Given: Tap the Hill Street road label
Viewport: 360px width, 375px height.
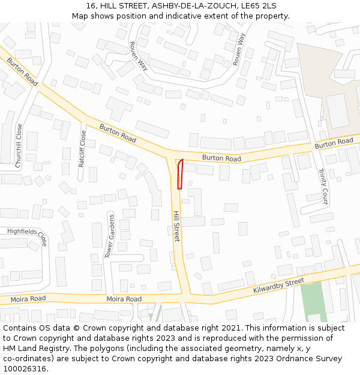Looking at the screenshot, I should click(x=176, y=226).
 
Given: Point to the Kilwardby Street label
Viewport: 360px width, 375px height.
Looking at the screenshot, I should click(x=278, y=286).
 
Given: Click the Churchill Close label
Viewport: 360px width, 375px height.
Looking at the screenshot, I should click(x=19, y=145).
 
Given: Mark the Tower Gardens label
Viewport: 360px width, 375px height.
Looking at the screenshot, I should click(x=110, y=236).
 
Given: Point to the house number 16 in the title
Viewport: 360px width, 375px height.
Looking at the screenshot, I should click(x=89, y=5).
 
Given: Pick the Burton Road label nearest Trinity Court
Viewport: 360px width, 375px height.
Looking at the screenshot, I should click(x=334, y=143).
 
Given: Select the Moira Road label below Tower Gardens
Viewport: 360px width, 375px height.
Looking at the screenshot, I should click(x=124, y=299).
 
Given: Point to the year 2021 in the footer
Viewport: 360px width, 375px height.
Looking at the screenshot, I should click(x=231, y=328).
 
